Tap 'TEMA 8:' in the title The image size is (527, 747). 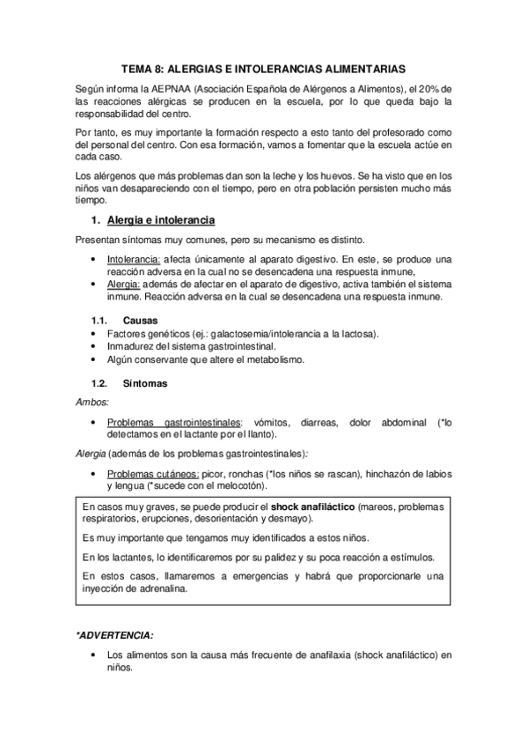point(143,67)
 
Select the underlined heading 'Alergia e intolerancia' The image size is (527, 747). point(160,219)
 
